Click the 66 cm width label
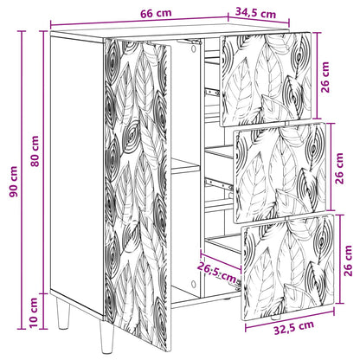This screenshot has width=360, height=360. coord(156,13)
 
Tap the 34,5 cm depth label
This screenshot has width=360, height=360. coord(255,13)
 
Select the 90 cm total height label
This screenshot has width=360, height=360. coord(13,182)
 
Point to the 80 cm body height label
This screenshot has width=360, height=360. coord(35,151)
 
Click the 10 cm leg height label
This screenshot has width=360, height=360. coord(34,313)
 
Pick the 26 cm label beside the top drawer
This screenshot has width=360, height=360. coord(325,77)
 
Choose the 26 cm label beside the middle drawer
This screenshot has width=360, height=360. coord(339,169)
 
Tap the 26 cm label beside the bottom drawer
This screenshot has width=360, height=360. coord(348,260)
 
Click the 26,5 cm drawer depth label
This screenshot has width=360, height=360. coord(217,273)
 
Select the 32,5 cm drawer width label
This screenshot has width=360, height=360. coord(294,327)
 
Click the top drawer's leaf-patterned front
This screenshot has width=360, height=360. coord(266,79)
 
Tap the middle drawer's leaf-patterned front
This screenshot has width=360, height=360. coord(280,173)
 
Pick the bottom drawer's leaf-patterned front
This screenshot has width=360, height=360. coord(288,267)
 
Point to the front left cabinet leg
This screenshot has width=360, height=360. coord(62,314)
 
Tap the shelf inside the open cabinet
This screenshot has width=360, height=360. coord(185,167)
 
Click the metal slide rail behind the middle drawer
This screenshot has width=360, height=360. coord(219,184)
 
